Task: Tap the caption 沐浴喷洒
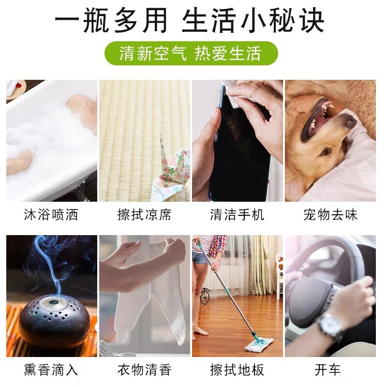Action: point(51,214)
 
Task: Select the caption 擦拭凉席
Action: point(144,214)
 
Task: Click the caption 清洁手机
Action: point(237,214)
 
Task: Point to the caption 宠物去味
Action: point(330,214)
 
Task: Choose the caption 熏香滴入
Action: point(51,370)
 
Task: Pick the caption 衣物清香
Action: point(144,370)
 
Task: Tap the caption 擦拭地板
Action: point(237,370)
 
